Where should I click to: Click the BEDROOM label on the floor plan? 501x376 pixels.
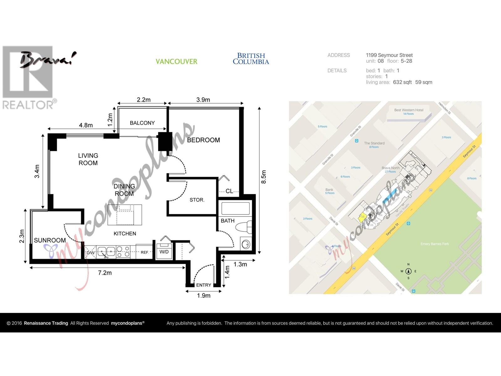coord(203,140)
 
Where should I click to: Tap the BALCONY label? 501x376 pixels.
coord(142,123)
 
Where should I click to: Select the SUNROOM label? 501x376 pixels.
coord(50,240)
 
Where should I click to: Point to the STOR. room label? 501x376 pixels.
coord(197,200)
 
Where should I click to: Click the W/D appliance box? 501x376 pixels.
coord(164,251)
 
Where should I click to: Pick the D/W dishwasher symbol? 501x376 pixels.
coord(90,253)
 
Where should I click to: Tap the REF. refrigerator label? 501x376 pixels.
coord(144,252)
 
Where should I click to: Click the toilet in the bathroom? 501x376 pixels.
coord(244,227)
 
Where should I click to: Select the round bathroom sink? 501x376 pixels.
coord(246,244)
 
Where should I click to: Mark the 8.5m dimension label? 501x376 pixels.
coord(264,177)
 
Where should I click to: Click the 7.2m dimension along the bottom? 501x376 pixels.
coord(105,273)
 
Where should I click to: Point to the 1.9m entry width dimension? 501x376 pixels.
coord(204,295)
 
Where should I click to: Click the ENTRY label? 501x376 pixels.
coord(204,285)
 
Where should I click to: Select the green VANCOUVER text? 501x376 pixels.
coord(177,61)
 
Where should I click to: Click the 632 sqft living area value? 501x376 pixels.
coord(402,82)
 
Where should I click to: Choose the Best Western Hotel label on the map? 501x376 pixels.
coord(409,110)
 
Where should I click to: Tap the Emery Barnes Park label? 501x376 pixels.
coord(435,244)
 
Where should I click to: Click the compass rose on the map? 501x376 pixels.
coord(408,271)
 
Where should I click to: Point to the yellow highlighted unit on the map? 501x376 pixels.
coord(362,217)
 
